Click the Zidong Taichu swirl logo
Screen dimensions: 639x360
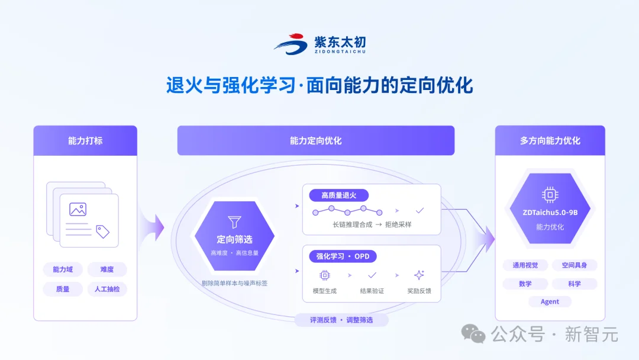291,44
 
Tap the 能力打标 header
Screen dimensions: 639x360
85,141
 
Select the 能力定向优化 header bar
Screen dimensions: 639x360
316,141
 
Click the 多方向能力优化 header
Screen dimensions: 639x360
550,141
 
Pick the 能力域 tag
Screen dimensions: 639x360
63,269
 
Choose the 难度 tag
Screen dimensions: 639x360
106,269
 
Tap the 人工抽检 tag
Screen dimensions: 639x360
106,289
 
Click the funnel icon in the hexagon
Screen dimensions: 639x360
234,222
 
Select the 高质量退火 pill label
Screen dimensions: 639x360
338,195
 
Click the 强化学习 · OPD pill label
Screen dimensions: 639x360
343,256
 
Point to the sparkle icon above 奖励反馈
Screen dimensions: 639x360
419,275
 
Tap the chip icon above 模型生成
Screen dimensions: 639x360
325,275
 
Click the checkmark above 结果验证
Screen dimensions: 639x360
372,275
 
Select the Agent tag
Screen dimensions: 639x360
550,302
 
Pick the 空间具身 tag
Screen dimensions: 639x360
574,265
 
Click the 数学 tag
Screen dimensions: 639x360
525,284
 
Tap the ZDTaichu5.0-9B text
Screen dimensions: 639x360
550,213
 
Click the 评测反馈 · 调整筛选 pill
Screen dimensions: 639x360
341,320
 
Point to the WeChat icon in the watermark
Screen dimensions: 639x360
473,334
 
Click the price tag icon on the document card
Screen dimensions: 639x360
103,231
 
